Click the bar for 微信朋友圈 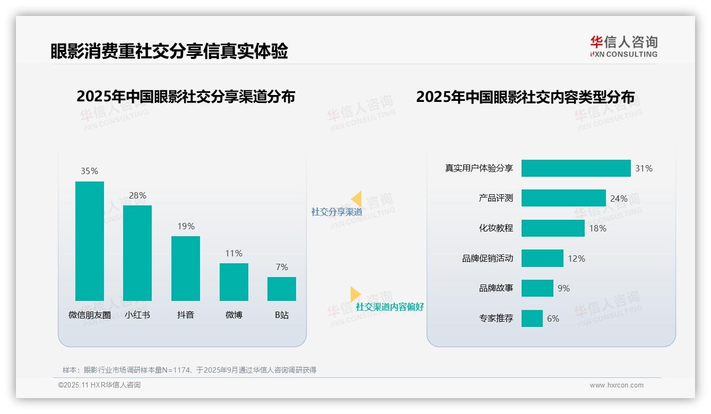click(90, 241)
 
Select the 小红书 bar click(137, 253)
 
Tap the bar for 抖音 click(186, 269)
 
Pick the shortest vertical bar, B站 click(282, 289)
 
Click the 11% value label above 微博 click(233, 253)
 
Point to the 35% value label click(89, 171)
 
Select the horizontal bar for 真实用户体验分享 click(576, 168)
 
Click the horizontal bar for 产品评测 click(563, 198)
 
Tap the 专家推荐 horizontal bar click(532, 318)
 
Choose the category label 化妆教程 click(496, 228)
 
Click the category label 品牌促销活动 click(487, 258)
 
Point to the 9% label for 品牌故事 click(563, 288)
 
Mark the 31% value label click(644, 168)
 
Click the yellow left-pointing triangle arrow click(357, 199)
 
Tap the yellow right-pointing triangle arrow click(355, 294)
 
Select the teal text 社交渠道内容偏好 click(389, 307)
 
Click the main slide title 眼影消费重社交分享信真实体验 click(169, 51)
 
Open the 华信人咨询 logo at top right click(623, 46)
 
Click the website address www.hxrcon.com click(616, 385)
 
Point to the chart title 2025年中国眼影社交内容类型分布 click(525, 97)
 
